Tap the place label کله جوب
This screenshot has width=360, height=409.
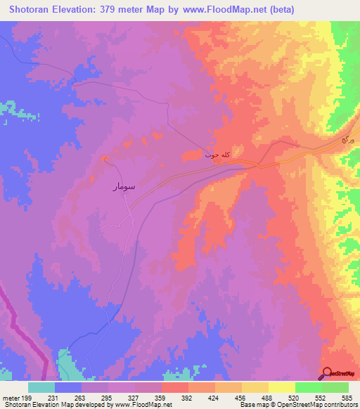[x=218, y=152]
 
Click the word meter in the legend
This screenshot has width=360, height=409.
[x=9, y=398]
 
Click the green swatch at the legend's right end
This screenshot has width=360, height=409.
[x=335, y=387]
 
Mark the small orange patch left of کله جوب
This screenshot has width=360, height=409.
[x=191, y=155]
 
